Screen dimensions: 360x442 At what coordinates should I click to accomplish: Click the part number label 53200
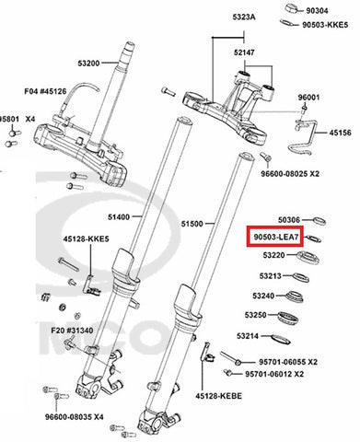(x=88, y=64)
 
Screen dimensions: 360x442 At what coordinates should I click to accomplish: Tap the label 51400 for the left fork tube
(x=119, y=217)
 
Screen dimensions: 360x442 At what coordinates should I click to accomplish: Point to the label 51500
(x=192, y=224)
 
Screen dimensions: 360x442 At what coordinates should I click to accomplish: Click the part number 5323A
(x=244, y=17)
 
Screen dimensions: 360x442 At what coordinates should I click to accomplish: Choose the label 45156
(x=341, y=133)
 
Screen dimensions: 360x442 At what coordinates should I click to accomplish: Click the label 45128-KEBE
(x=218, y=396)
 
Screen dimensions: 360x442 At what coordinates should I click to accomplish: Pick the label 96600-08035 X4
(x=74, y=417)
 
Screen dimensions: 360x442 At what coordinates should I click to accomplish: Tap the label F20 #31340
(x=72, y=331)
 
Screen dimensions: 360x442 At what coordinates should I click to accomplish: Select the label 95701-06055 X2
(x=288, y=362)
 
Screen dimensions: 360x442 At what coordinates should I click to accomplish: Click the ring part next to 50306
(x=319, y=221)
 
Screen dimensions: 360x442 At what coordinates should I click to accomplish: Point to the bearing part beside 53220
(x=308, y=257)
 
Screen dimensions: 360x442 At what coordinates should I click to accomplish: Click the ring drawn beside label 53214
(x=281, y=339)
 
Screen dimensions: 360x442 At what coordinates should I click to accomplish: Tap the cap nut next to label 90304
(x=292, y=8)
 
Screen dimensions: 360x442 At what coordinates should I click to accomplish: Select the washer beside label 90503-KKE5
(x=287, y=23)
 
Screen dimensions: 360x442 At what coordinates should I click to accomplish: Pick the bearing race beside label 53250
(x=288, y=318)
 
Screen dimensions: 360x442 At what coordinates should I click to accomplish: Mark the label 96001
(x=308, y=98)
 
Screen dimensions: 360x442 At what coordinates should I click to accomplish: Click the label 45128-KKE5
(x=87, y=238)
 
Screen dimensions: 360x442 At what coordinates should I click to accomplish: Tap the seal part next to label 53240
(x=294, y=297)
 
